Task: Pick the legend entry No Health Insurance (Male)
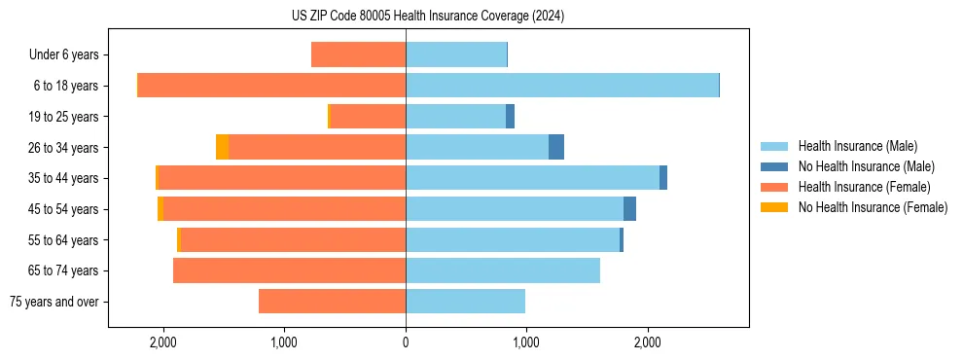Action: (866, 166)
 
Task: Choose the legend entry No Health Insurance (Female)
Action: (873, 207)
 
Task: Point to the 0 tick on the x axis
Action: (406, 342)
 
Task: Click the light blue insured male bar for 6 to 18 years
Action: (562, 86)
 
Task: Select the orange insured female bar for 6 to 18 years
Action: (272, 86)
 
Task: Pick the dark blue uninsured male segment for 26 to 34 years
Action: (556, 147)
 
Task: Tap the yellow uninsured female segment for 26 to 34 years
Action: (223, 147)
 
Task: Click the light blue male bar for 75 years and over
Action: (465, 302)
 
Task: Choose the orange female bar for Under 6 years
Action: (358, 54)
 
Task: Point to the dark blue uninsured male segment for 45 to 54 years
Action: (629, 209)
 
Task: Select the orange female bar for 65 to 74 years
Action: (289, 270)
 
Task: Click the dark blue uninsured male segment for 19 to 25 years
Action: (510, 117)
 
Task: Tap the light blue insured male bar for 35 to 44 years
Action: (532, 178)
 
